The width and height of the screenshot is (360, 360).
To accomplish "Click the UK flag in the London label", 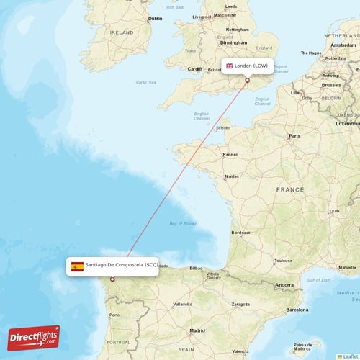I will (x=230, y=66).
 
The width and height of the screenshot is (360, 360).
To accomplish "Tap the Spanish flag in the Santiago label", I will (x=77, y=266).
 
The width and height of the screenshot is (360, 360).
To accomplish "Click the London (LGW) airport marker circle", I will (x=248, y=81).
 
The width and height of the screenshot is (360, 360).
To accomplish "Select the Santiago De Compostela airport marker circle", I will (x=112, y=279).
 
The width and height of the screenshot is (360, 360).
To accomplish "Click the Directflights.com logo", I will (x=34, y=338).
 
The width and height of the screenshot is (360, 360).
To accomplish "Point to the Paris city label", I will (x=294, y=135).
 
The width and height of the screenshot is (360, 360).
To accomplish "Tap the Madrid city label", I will (x=197, y=331).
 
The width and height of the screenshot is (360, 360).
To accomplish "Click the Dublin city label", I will (x=155, y=19).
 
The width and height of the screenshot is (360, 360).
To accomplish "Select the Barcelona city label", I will (x=297, y=310).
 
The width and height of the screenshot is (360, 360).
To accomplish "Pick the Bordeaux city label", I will (x=240, y=233).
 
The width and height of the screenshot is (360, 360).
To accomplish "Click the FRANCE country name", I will (x=290, y=189).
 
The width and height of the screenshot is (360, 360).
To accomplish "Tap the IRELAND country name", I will (x=122, y=32).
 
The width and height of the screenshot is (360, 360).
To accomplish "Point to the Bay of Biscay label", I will (x=183, y=224).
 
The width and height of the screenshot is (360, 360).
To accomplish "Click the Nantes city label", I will (x=232, y=176).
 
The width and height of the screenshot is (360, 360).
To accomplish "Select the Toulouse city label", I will (x=283, y=261).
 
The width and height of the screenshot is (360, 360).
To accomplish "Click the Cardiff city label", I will (x=195, y=69).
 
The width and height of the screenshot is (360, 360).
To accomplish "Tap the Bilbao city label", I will (x=197, y=268).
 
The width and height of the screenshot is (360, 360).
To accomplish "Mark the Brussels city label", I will (x=331, y=85).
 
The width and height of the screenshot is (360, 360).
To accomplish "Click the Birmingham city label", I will (x=229, y=42).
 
